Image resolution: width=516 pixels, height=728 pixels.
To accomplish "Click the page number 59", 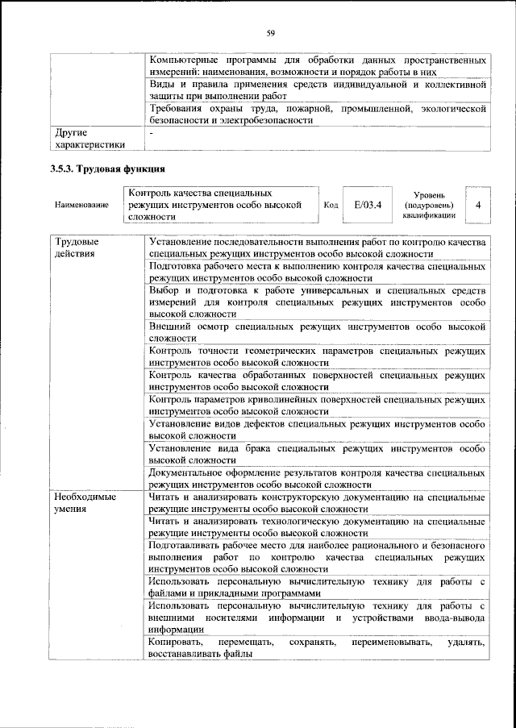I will click(x=271, y=32).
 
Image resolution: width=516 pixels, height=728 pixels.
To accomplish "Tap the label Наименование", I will click(x=81, y=206).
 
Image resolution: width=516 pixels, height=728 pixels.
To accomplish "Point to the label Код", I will click(x=331, y=205).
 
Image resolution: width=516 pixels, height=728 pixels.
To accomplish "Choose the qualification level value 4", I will click(x=478, y=205).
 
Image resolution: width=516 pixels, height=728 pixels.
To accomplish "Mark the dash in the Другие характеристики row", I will click(x=152, y=131).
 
